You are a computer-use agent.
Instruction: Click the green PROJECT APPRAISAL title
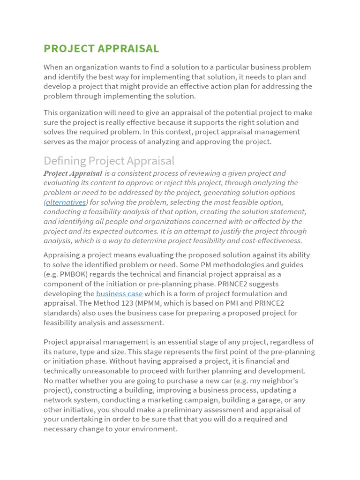(101, 49)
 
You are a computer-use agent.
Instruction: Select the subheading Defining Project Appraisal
(109, 161)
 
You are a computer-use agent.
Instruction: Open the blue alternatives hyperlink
(66, 202)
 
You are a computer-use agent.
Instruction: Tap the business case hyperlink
(119, 293)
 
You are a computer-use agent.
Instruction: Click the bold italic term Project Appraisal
(73, 173)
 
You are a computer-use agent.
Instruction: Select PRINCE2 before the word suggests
(246, 284)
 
